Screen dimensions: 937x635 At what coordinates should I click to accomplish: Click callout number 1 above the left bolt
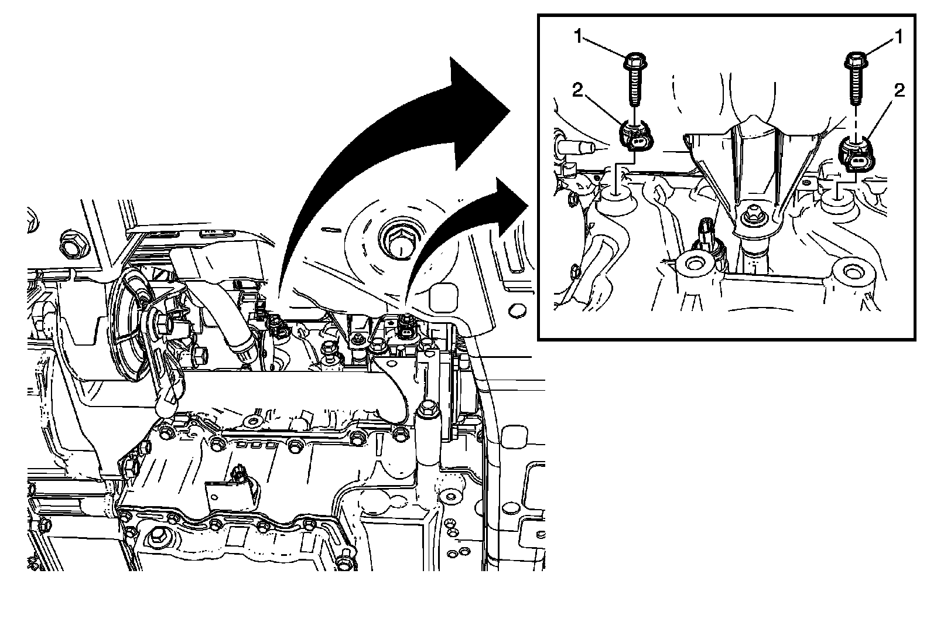coord(578,37)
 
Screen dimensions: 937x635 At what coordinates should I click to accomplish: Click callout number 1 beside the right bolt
coord(898,37)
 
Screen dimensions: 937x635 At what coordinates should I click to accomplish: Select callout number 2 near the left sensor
coord(577,90)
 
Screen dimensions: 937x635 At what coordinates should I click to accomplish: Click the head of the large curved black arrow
coord(480,114)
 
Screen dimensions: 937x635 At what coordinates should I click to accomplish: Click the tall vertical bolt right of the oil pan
coord(428,436)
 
